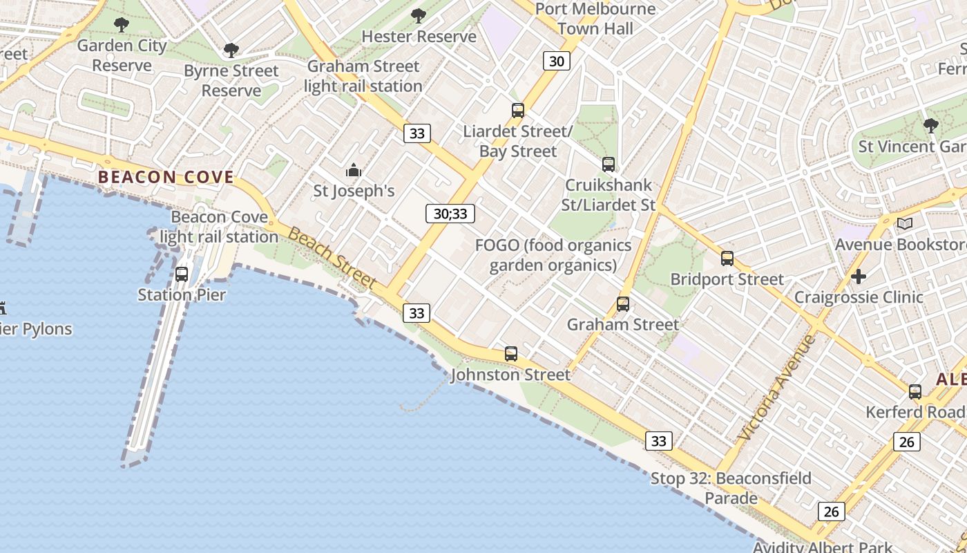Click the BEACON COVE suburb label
pos(166,177)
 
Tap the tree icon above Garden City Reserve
pos(122,26)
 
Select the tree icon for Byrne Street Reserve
pos(231,50)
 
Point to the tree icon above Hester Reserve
pos(419,16)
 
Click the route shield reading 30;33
pos(450,214)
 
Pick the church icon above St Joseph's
pos(354,170)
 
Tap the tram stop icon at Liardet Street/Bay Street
pos(518,110)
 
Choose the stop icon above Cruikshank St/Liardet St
pos(608,165)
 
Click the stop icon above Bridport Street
pos(727,259)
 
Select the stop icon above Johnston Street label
pos(511,354)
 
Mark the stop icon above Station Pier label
pos(182,274)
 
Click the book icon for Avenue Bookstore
pos(905,223)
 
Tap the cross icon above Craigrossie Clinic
pos(859,276)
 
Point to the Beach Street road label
pos(332,259)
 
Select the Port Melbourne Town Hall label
pos(595,19)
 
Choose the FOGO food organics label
pos(553,255)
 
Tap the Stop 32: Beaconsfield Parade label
pos(731,488)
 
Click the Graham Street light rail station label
pos(363,76)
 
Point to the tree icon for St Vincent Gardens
pos(931,126)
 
